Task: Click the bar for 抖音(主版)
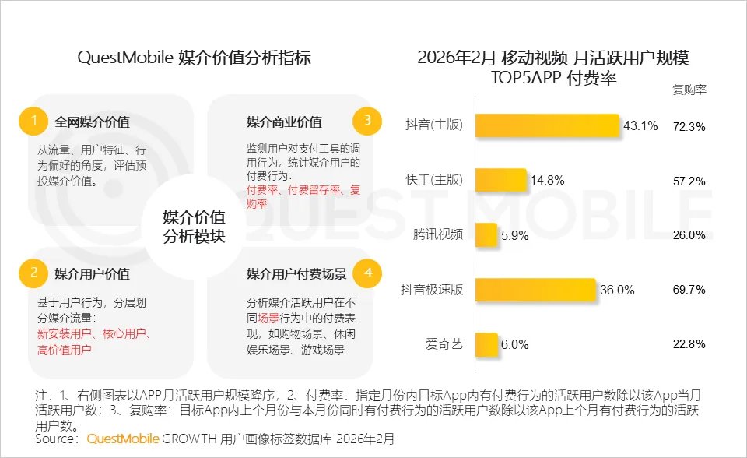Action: tap(547, 125)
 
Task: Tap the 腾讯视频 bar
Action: tap(486, 234)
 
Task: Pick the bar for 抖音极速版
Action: tap(535, 289)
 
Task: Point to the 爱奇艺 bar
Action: tap(486, 343)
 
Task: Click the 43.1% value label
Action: tap(641, 125)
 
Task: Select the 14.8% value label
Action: tap(548, 181)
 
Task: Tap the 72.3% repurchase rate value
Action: tap(688, 126)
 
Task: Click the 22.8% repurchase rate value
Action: tap(688, 344)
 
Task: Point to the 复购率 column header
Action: tap(689, 90)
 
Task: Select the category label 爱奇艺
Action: tap(444, 344)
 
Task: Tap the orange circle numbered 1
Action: tap(33, 121)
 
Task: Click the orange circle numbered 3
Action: tap(367, 121)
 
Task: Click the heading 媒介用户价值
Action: tap(92, 273)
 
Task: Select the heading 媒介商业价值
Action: tap(284, 122)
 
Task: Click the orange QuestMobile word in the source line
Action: tap(123, 439)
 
